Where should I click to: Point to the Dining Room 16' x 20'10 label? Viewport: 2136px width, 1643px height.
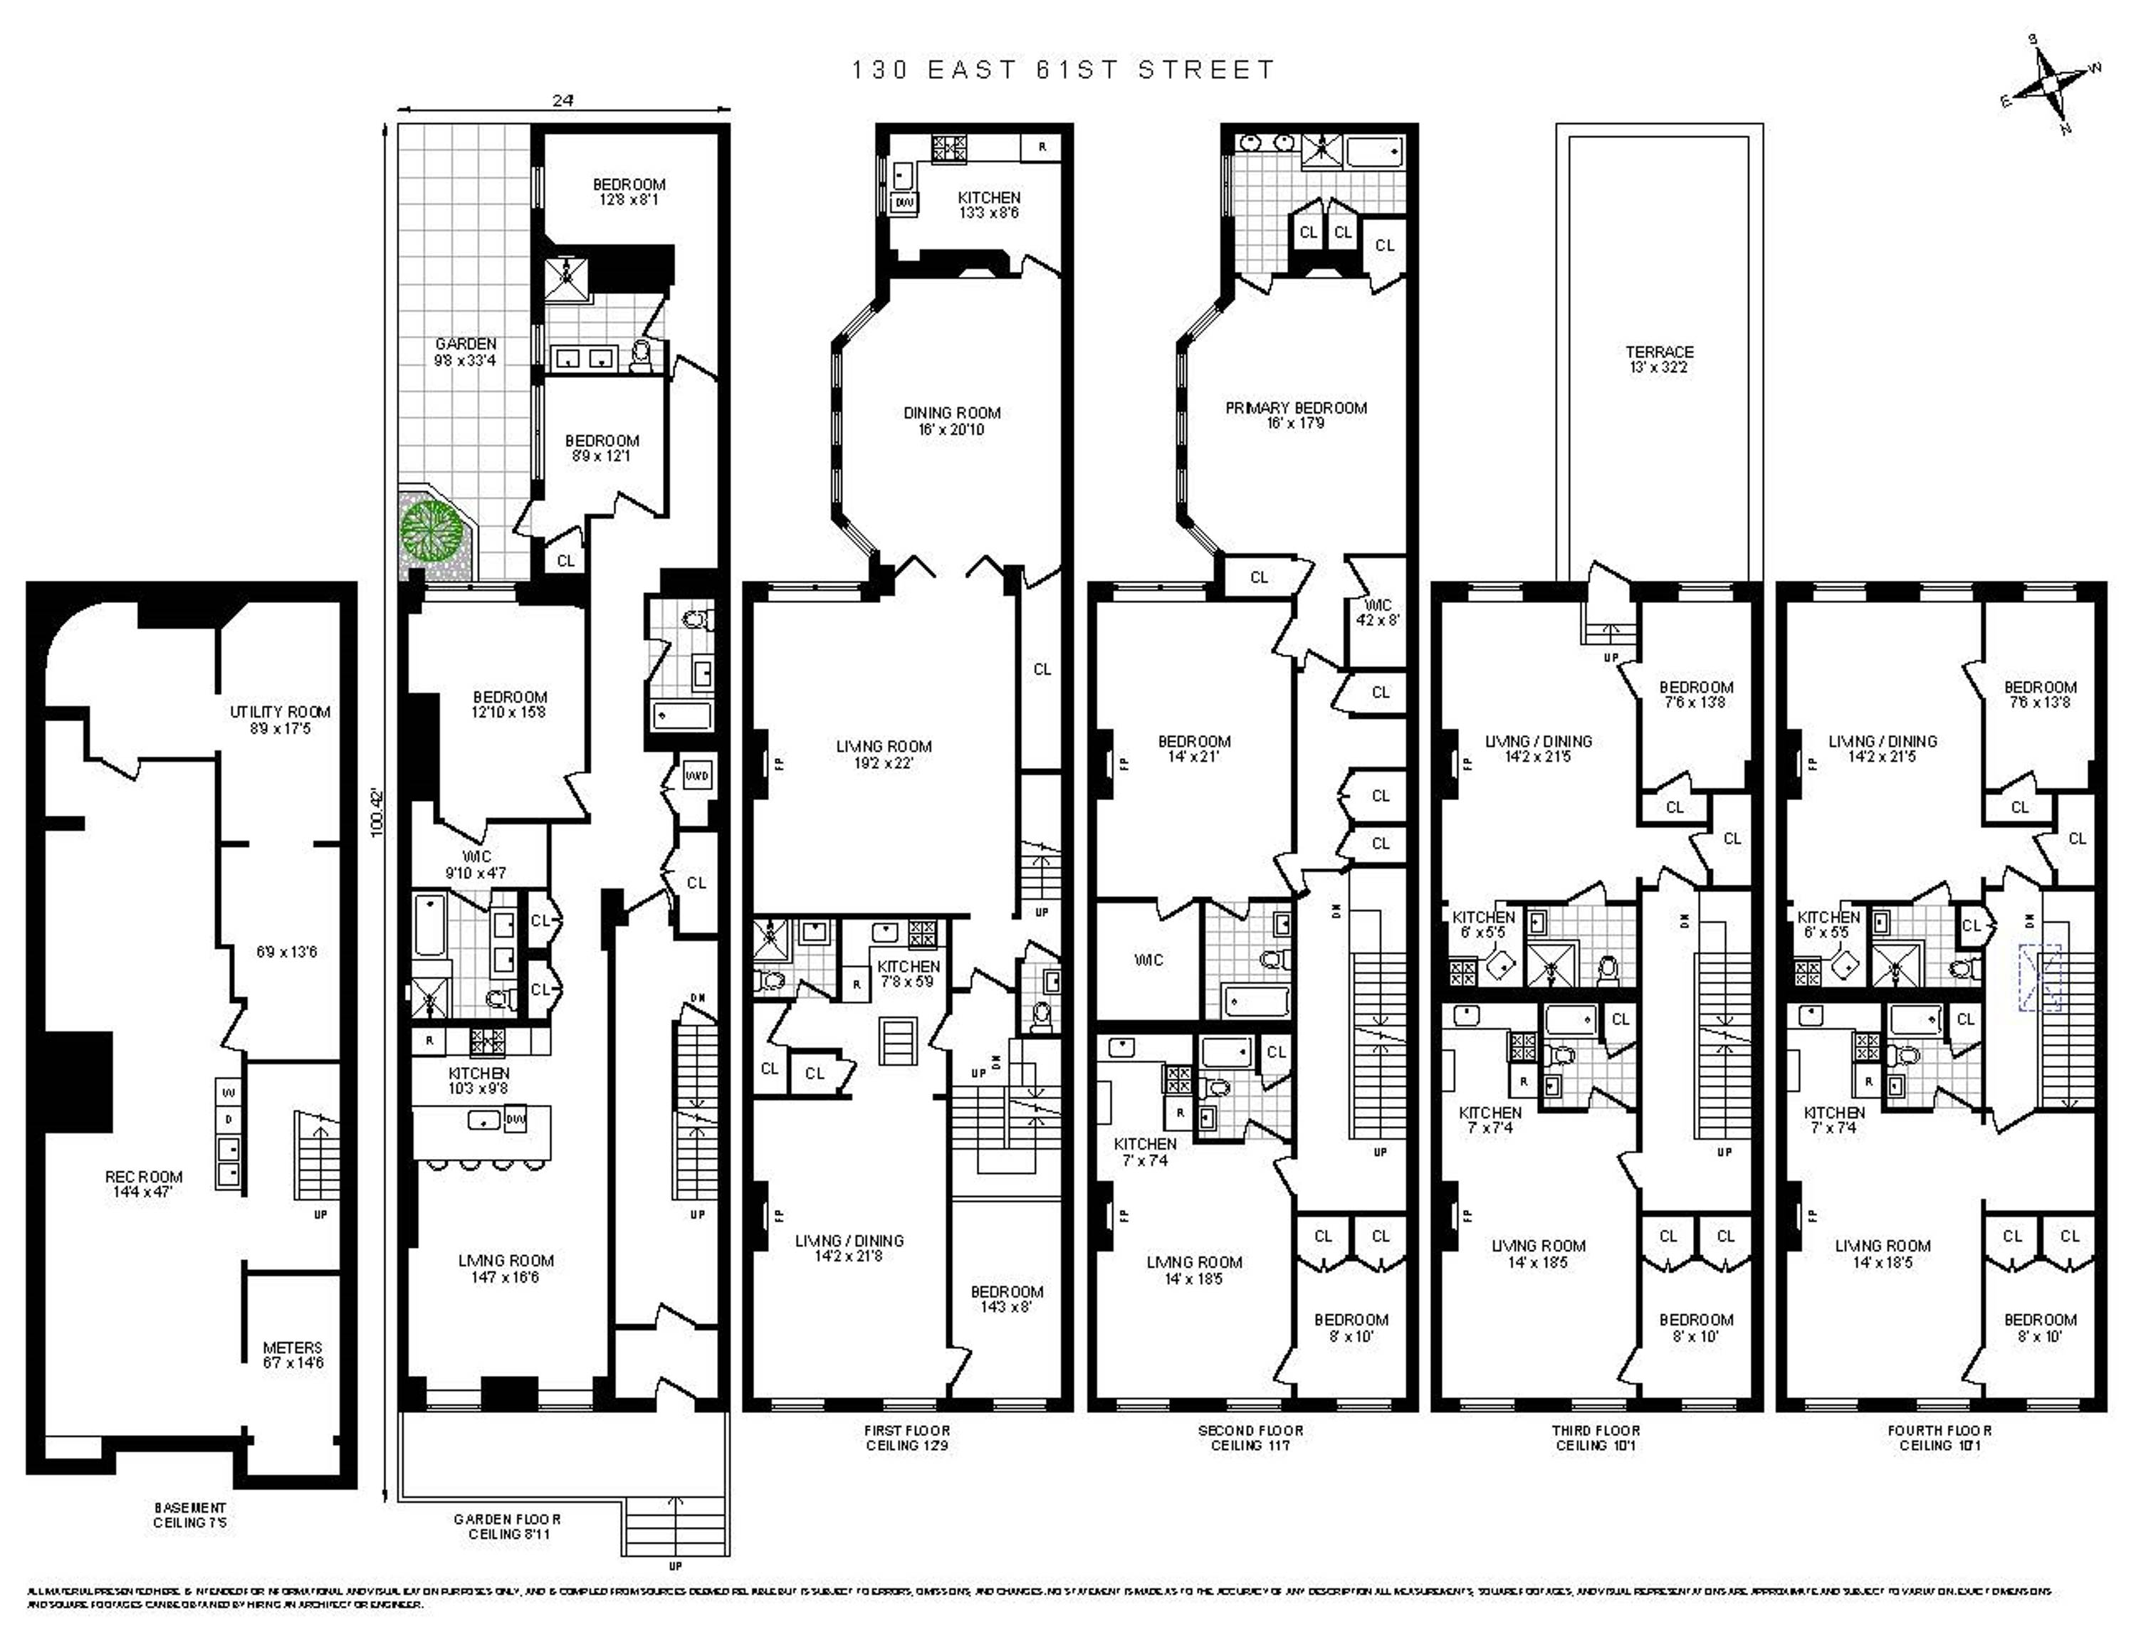click(952, 421)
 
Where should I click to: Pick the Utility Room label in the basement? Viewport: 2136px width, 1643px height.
click(280, 720)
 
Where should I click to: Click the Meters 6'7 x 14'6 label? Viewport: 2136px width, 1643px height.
click(293, 1355)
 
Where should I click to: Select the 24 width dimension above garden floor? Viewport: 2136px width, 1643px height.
click(562, 100)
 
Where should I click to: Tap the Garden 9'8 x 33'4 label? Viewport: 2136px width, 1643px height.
click(466, 352)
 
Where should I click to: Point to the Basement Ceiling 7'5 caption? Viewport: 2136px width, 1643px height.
click(189, 1515)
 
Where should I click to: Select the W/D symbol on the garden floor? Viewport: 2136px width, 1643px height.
click(696, 775)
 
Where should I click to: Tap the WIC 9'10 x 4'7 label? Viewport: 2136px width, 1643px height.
click(476, 864)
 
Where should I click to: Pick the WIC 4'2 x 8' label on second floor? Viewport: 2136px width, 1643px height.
click(1378, 612)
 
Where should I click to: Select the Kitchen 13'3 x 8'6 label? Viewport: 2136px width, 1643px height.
click(989, 204)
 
